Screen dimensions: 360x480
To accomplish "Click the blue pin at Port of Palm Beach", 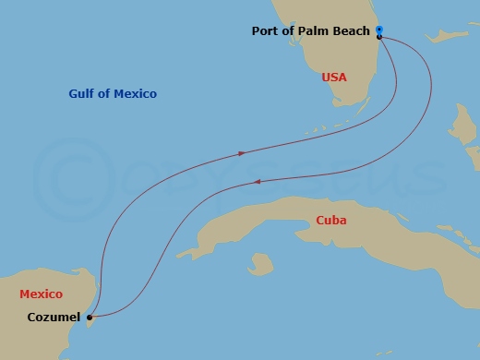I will (x=378, y=31).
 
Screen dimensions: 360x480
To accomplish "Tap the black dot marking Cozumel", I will (x=89, y=318).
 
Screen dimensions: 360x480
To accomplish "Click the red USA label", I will (x=333, y=78).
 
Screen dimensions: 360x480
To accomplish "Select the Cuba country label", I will (x=330, y=220).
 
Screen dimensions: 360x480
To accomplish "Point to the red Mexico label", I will (x=41, y=294).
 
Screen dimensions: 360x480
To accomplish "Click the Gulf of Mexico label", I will (x=113, y=93).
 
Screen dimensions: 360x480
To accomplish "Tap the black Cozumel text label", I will (x=54, y=318).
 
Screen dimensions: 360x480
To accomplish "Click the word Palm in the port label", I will (x=314, y=31).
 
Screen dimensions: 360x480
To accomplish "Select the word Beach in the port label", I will (x=352, y=31).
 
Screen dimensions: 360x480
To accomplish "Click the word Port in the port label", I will (x=266, y=31).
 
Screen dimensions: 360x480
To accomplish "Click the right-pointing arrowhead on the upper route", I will (x=242, y=152).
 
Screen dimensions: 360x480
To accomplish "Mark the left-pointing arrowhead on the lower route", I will (x=258, y=184).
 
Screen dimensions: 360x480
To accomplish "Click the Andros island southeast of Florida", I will (x=459, y=125).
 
